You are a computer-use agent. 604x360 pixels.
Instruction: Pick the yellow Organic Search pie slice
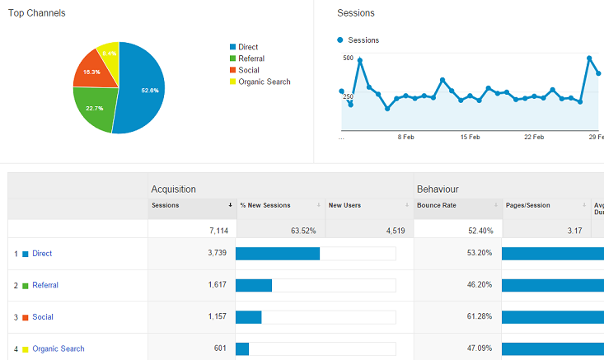[x=110, y=54]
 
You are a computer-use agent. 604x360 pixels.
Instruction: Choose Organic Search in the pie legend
[x=264, y=82]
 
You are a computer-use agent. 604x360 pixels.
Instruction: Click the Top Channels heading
[x=37, y=13]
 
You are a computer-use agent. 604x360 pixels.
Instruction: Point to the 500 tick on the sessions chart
[x=348, y=58]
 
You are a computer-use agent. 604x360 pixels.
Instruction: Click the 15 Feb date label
[x=470, y=138]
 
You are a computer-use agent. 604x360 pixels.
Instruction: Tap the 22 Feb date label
[x=534, y=138]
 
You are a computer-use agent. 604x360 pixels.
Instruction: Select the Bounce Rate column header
[x=437, y=205]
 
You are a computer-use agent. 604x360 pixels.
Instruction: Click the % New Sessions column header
[x=265, y=205]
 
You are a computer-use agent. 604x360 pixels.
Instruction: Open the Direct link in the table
[x=42, y=254]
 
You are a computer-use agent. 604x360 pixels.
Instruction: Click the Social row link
[x=43, y=317]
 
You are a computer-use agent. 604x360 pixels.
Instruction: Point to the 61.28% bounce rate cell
[x=480, y=317]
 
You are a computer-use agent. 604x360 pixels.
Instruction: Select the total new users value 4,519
[x=391, y=231]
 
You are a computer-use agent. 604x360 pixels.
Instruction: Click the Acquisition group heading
[x=173, y=189]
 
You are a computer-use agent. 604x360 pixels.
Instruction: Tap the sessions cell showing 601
[x=219, y=348]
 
